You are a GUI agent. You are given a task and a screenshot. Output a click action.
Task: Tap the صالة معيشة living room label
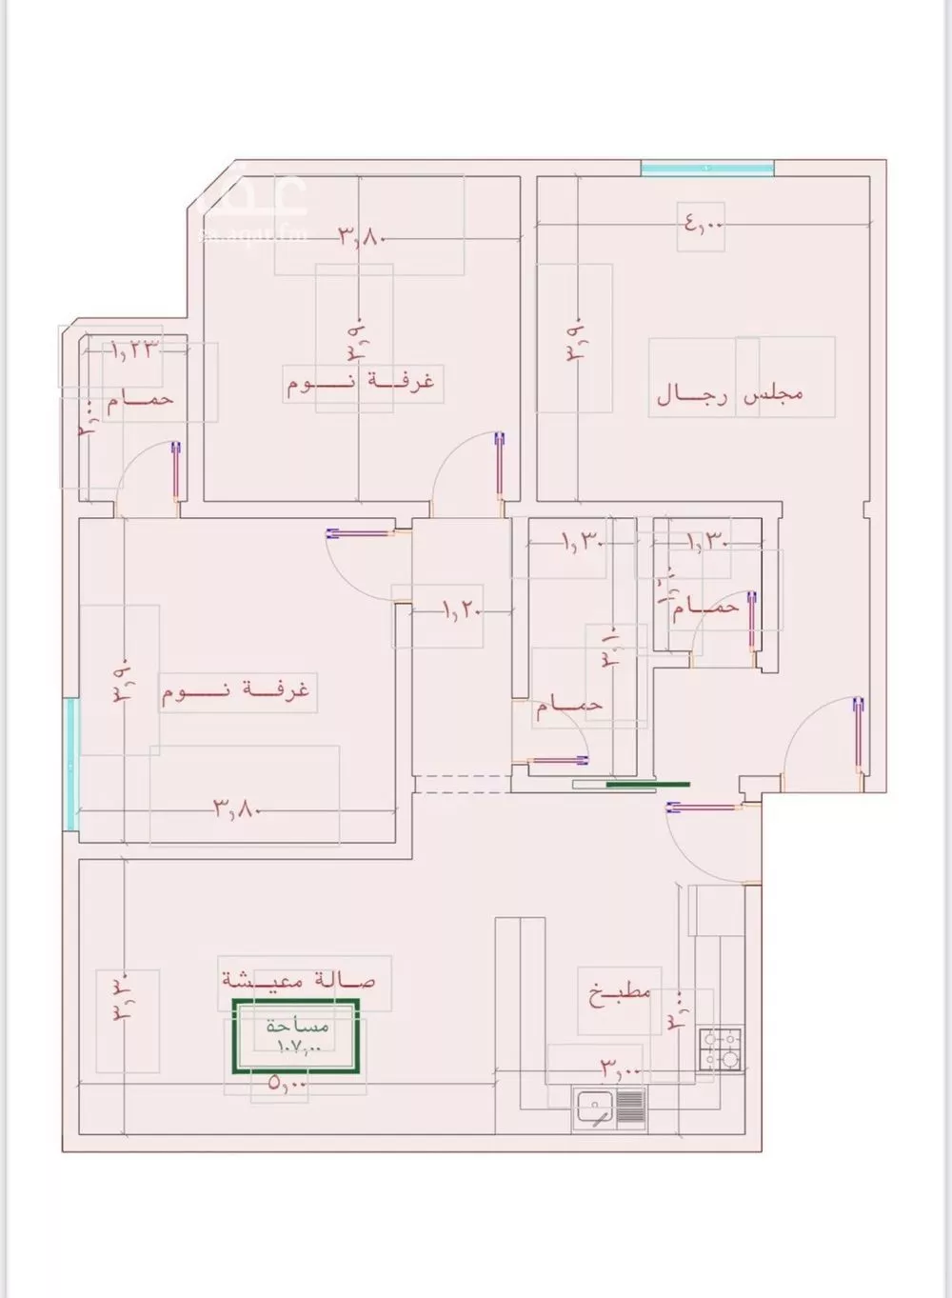coord(299,979)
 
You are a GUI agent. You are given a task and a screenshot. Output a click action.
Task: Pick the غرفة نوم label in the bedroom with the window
coord(236,690)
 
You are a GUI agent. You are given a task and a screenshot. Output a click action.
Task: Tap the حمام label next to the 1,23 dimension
coord(139,399)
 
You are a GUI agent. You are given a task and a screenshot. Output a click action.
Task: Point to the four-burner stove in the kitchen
coord(720,1050)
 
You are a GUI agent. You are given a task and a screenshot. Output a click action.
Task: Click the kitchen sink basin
coord(595,1108)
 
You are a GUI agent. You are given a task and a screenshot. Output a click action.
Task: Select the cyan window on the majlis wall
coord(706,169)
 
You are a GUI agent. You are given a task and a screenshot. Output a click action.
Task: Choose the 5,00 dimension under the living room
coord(288,1083)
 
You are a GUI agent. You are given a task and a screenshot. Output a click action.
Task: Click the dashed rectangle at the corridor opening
coord(462,784)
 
